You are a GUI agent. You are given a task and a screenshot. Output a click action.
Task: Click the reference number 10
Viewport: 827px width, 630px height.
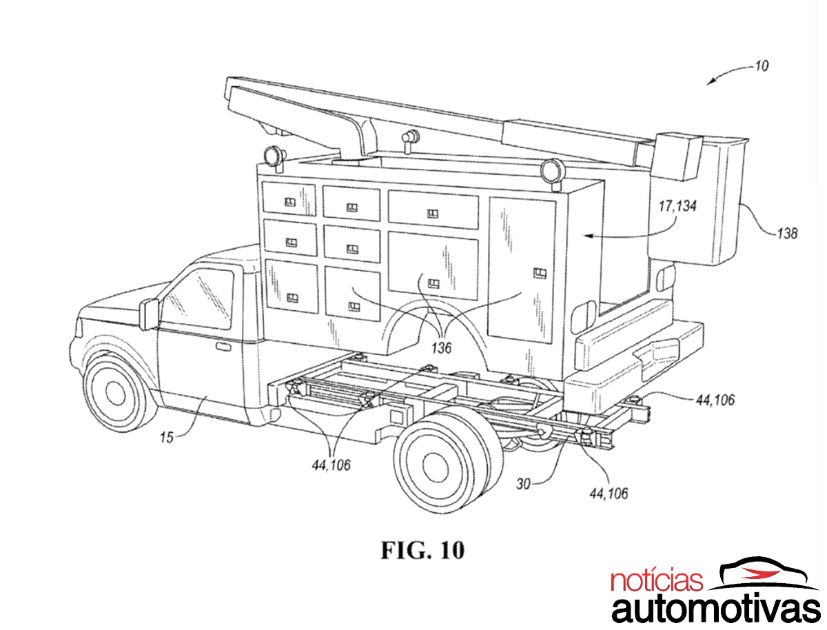pyautogui.click(x=762, y=67)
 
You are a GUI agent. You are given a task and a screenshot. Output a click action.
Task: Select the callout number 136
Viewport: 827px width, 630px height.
pyautogui.click(x=441, y=349)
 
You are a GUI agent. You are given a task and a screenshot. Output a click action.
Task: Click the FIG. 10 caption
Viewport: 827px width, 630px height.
pyautogui.click(x=423, y=550)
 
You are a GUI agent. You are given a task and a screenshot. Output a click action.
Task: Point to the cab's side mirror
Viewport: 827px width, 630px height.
pyautogui.click(x=148, y=314)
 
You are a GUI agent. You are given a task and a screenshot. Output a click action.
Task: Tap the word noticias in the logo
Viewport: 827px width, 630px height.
pyautogui.click(x=657, y=581)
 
